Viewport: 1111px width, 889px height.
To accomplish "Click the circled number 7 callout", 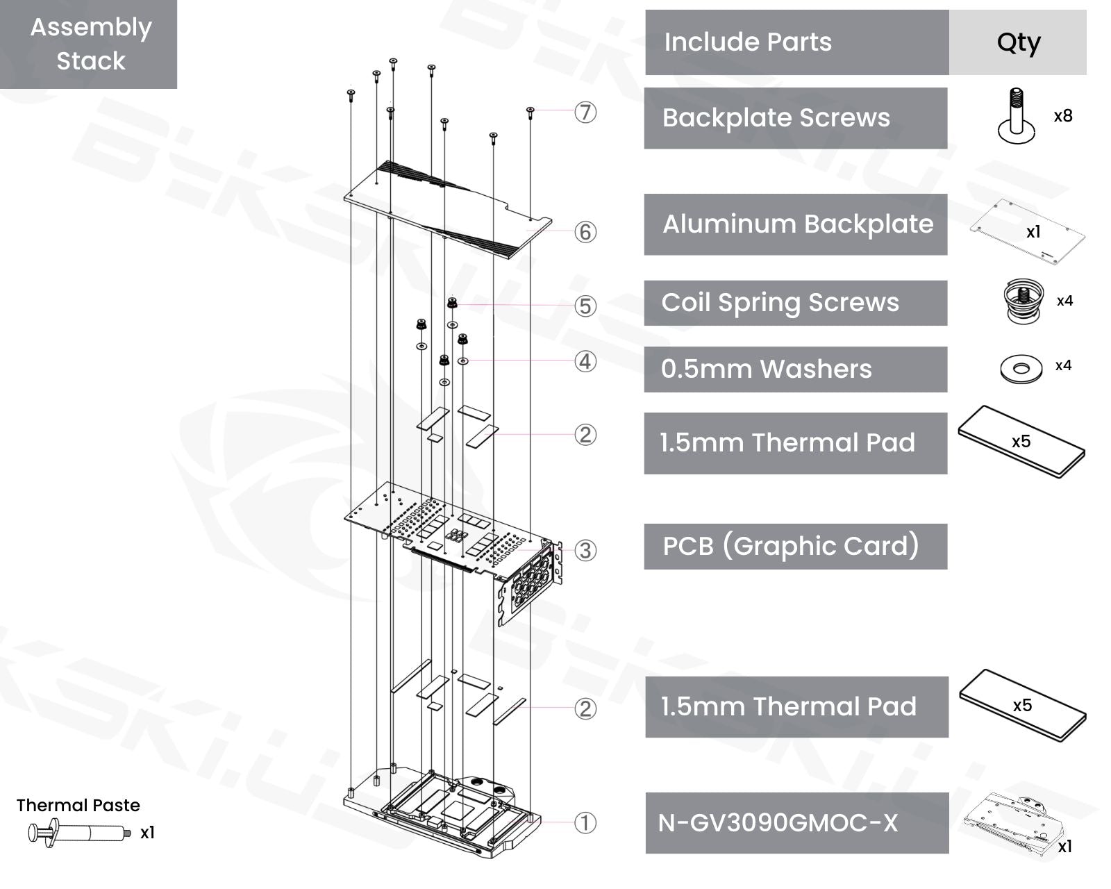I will pyautogui.click(x=585, y=112).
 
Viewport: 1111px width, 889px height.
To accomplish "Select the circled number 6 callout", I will pyautogui.click(x=585, y=232).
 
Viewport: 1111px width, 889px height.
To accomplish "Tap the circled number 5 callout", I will pyautogui.click(x=585, y=306).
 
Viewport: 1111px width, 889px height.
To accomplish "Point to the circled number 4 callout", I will pyautogui.click(x=585, y=361).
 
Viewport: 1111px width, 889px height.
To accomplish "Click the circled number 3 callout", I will pyautogui.click(x=585, y=551).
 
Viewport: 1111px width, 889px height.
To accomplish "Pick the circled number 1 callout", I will pyautogui.click(x=585, y=823).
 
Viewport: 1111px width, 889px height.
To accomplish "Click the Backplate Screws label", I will pyautogui.click(x=776, y=118).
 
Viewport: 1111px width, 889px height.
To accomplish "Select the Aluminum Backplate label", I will pyautogui.click(x=797, y=224).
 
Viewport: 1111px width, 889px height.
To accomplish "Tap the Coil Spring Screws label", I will pyautogui.click(x=780, y=303).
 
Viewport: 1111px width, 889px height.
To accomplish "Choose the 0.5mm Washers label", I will pyautogui.click(x=766, y=369).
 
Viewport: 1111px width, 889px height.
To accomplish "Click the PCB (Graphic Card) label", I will pyautogui.click(x=790, y=547).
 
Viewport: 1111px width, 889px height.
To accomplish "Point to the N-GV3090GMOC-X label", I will pyautogui.click(x=778, y=823).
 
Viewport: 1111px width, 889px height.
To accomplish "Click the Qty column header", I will pyautogui.click(x=1018, y=42).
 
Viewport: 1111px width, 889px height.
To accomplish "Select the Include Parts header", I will pyautogui.click(x=748, y=42).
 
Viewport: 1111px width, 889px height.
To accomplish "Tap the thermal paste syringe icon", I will pyautogui.click(x=78, y=832).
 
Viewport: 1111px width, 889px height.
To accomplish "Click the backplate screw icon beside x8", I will pyautogui.click(x=1015, y=116).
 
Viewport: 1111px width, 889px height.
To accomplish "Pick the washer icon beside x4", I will pyautogui.click(x=1021, y=368).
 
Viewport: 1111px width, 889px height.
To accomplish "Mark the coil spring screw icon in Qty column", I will pyautogui.click(x=1024, y=300).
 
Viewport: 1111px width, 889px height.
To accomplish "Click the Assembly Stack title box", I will pyautogui.click(x=90, y=44).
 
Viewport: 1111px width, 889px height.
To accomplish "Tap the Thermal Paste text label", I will pyautogui.click(x=78, y=805).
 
